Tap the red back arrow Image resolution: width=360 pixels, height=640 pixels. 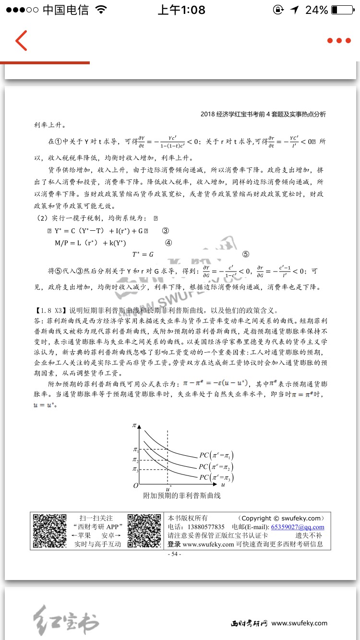point(21,41)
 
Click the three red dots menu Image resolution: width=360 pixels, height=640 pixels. point(339,41)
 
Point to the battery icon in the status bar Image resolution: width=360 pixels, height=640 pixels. point(341,10)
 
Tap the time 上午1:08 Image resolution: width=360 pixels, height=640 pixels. point(181,10)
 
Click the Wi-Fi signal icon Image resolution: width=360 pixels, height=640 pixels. point(101,10)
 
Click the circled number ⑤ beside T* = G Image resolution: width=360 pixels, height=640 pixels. point(245,254)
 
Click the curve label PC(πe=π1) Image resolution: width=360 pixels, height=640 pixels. point(216,455)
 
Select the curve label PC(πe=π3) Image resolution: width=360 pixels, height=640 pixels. point(216,477)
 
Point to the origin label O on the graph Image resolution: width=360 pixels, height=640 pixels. point(136,486)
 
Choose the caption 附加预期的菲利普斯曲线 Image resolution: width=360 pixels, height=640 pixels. point(182,496)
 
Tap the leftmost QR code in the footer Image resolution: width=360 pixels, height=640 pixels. point(49,532)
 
